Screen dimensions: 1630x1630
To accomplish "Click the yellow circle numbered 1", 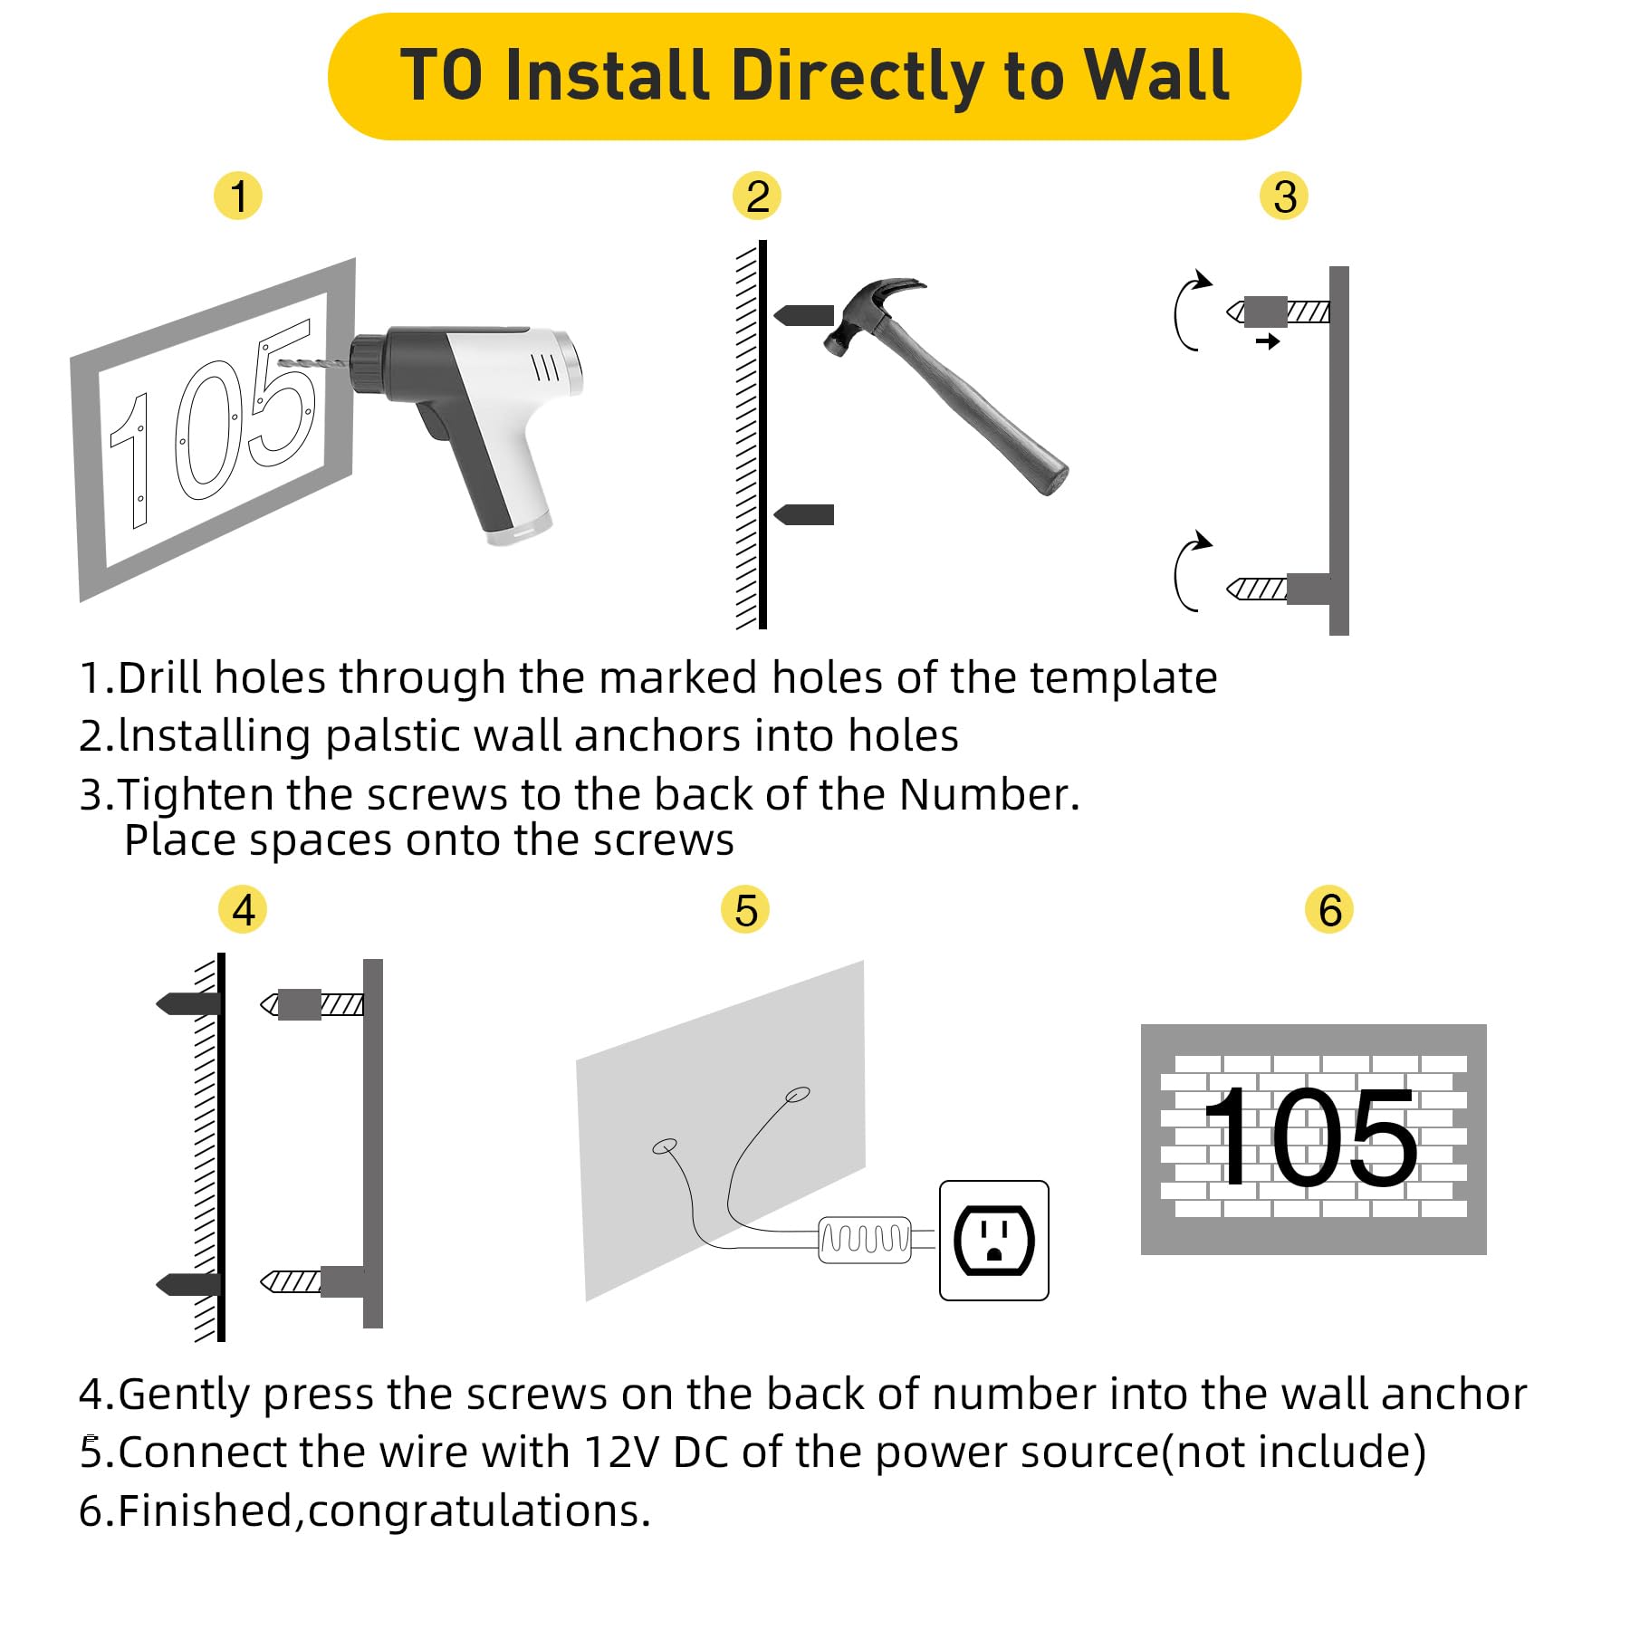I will click(237, 197).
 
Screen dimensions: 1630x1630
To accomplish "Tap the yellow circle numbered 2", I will click(757, 197).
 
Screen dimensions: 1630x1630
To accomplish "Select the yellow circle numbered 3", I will click(1284, 197).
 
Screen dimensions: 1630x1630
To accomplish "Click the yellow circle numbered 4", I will click(243, 910).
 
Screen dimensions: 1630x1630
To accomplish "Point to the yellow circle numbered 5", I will click(745, 910).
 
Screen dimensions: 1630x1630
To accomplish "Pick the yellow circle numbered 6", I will click(1328, 910).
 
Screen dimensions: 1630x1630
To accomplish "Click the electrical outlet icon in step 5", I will click(993, 1240).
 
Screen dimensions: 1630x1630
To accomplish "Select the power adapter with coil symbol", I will click(865, 1240).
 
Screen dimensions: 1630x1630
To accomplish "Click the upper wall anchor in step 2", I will click(804, 315).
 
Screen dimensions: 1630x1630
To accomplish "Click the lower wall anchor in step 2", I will click(804, 514).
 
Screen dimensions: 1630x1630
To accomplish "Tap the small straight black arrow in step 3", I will click(1268, 341).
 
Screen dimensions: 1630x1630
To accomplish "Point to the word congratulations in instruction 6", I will click(478, 1510).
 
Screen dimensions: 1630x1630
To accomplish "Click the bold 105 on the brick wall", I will click(1312, 1137).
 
